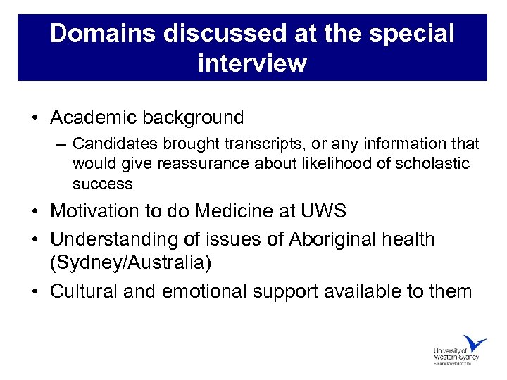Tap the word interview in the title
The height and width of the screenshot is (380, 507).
253,63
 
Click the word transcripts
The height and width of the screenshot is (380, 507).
258,144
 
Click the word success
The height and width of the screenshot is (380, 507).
103,184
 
